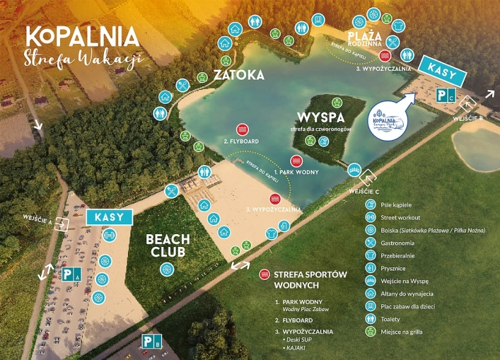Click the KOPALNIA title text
(x=82, y=37)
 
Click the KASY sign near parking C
(x=443, y=69)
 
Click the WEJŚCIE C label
(x=364, y=191)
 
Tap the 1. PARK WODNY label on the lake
(x=296, y=171)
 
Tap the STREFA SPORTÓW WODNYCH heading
(x=303, y=279)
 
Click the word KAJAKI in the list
(x=299, y=348)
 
